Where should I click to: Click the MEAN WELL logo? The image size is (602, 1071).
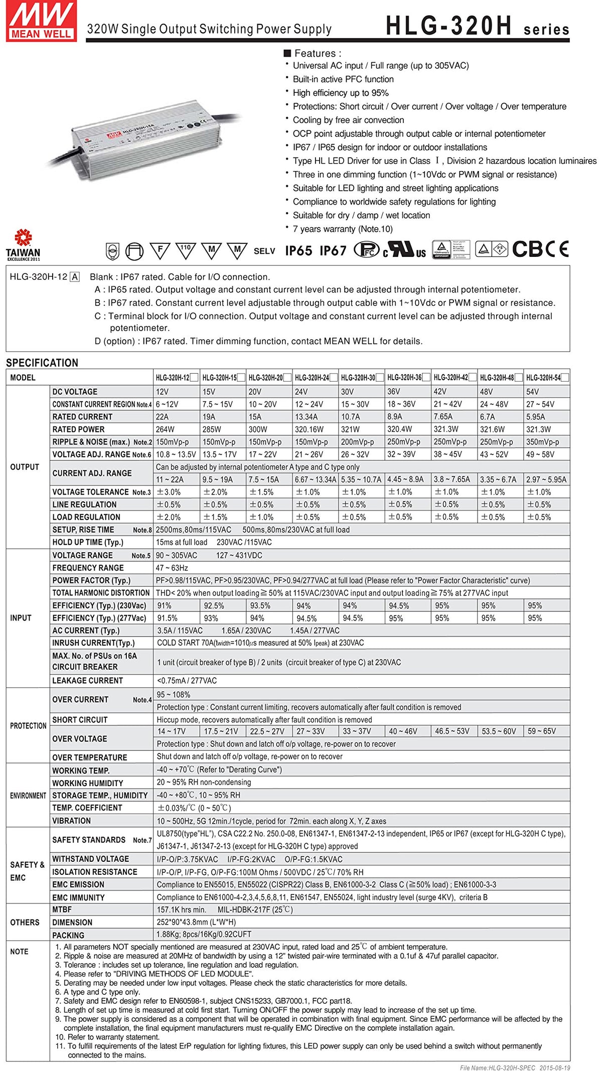click(41, 21)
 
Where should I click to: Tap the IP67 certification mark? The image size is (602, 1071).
click(333, 251)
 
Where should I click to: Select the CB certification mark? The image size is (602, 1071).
click(528, 249)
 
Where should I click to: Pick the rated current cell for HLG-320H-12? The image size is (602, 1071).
click(163, 417)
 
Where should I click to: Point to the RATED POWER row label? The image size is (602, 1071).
click(79, 429)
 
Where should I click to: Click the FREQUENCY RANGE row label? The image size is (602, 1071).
click(88, 568)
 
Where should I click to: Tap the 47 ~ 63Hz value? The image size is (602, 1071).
click(172, 568)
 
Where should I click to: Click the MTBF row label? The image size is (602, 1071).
click(62, 909)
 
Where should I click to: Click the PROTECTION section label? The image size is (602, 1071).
click(28, 726)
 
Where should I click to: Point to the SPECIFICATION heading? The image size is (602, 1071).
click(42, 363)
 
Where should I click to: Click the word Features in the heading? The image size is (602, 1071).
click(315, 53)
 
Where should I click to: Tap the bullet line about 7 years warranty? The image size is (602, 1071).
click(343, 229)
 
